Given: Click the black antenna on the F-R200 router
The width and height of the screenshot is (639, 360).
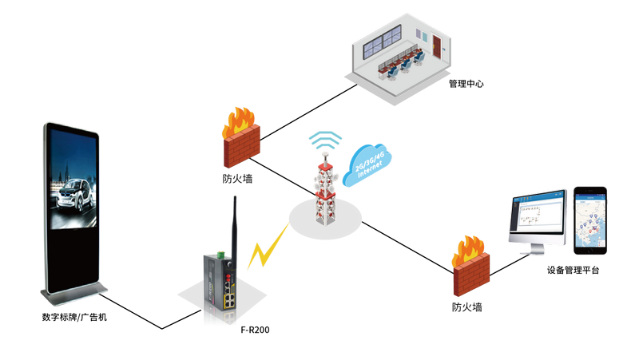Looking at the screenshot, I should tap(236, 224).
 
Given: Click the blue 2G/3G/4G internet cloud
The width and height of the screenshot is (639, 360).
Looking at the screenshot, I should tap(367, 164).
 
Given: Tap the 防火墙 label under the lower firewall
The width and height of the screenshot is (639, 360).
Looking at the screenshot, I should tap(466, 307).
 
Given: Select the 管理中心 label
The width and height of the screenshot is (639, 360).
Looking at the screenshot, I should tap(466, 83).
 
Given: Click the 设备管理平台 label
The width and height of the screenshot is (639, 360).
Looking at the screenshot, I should tap(573, 271).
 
